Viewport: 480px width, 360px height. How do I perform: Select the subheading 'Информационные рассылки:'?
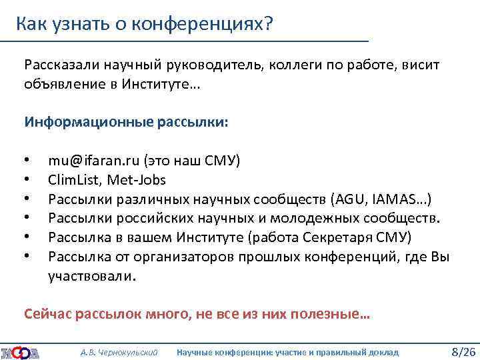pyautogui.click(x=126, y=123)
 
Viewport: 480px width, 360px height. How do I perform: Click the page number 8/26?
pyautogui.click(x=463, y=351)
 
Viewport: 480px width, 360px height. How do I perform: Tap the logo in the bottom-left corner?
pyautogui.click(x=20, y=351)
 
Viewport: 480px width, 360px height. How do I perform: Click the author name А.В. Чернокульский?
pyautogui.click(x=119, y=352)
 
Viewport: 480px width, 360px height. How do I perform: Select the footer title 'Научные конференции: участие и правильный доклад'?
pyautogui.click(x=287, y=352)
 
